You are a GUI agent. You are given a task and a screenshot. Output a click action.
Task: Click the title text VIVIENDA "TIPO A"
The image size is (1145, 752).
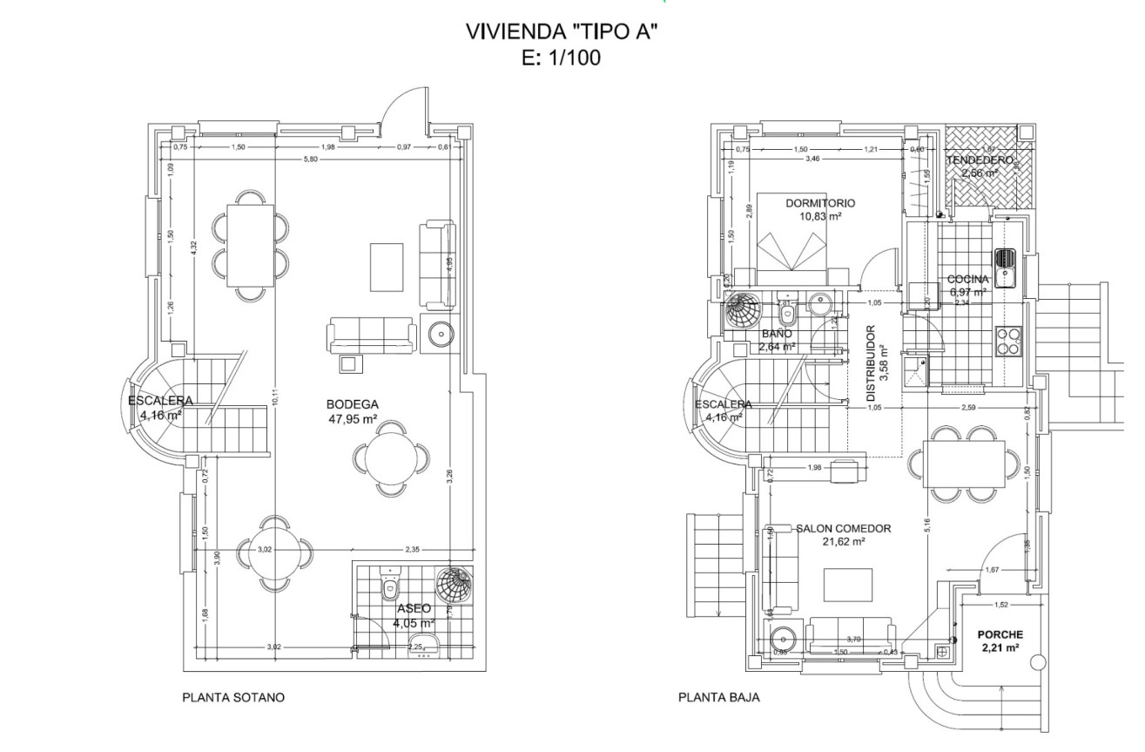click(561, 33)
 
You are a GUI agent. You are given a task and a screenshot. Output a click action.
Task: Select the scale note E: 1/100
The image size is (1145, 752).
click(561, 58)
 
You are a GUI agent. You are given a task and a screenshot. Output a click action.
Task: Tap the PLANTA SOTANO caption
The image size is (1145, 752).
click(232, 697)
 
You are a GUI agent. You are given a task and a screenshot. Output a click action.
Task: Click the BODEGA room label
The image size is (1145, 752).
click(352, 404)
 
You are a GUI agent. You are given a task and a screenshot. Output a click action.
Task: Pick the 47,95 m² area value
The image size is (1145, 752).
click(352, 419)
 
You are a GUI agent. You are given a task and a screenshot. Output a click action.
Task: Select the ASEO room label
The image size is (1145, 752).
click(414, 609)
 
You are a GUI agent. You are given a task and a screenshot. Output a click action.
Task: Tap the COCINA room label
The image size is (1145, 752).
click(968, 280)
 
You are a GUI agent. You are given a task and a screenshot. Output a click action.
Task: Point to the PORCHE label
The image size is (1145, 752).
click(999, 634)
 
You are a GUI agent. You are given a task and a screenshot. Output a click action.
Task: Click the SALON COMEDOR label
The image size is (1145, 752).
click(843, 528)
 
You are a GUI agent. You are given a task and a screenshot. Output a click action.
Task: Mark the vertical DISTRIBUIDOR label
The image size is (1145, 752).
click(871, 363)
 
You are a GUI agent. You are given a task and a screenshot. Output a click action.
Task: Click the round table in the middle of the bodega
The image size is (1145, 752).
click(391, 456)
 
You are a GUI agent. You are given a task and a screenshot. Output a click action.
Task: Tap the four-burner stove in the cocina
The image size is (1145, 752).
click(1007, 341)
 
